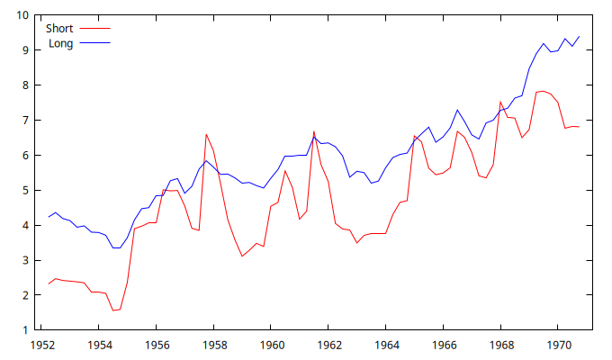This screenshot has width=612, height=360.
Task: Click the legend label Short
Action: click(x=59, y=29)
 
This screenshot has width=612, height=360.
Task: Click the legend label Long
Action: click(x=60, y=43)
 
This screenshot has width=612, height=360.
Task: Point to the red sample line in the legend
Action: click(x=94, y=29)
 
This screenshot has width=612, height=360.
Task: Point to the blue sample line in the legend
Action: click(x=94, y=43)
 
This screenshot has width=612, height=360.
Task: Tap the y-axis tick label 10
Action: click(x=22, y=15)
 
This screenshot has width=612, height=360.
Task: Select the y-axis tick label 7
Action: click(x=25, y=120)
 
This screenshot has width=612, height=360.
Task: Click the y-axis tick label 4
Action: click(x=25, y=225)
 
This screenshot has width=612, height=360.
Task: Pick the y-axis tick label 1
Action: click(x=25, y=329)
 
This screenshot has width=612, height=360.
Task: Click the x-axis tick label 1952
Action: click(x=41, y=344)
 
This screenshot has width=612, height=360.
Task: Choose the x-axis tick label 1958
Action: click(x=214, y=344)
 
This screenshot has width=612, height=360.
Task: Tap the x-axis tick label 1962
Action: click(x=329, y=344)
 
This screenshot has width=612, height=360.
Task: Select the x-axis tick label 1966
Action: click(x=445, y=344)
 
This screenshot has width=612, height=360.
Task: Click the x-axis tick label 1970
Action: click(x=560, y=344)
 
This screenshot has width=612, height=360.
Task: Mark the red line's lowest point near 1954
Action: click(x=113, y=310)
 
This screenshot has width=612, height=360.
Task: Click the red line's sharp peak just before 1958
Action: click(x=206, y=134)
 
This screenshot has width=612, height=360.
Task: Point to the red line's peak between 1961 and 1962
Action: click(x=314, y=131)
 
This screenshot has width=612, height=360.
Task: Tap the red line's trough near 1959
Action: click(x=242, y=256)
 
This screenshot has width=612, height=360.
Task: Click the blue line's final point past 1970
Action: click(x=579, y=36)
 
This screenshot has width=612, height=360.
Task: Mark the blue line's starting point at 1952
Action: click(x=49, y=217)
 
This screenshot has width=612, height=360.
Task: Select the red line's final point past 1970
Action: click(x=579, y=127)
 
